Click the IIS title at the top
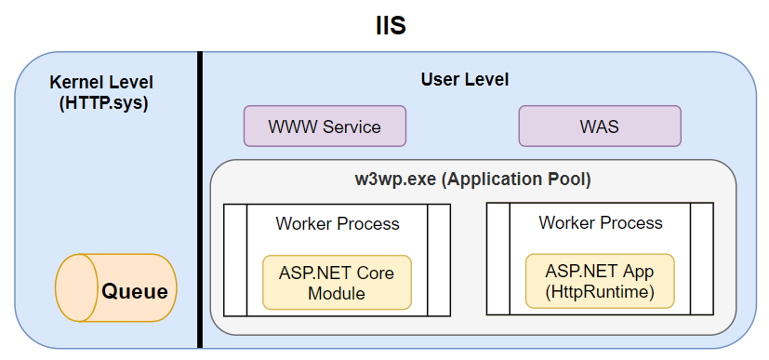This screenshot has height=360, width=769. [384, 25]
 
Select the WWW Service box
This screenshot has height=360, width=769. [325, 126]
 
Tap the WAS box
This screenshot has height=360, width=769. [599, 126]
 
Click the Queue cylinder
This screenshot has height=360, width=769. [116, 291]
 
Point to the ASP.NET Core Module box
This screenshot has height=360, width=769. [337, 283]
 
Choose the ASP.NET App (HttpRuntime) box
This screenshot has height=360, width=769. [600, 282]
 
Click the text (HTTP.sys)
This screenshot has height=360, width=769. [102, 103]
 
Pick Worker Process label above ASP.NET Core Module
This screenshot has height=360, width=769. [338, 224]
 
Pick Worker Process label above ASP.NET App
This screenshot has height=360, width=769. [601, 223]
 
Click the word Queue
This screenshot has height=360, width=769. [135, 292]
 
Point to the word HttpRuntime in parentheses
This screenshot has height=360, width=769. [601, 293]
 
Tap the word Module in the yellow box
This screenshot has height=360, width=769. [337, 294]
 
